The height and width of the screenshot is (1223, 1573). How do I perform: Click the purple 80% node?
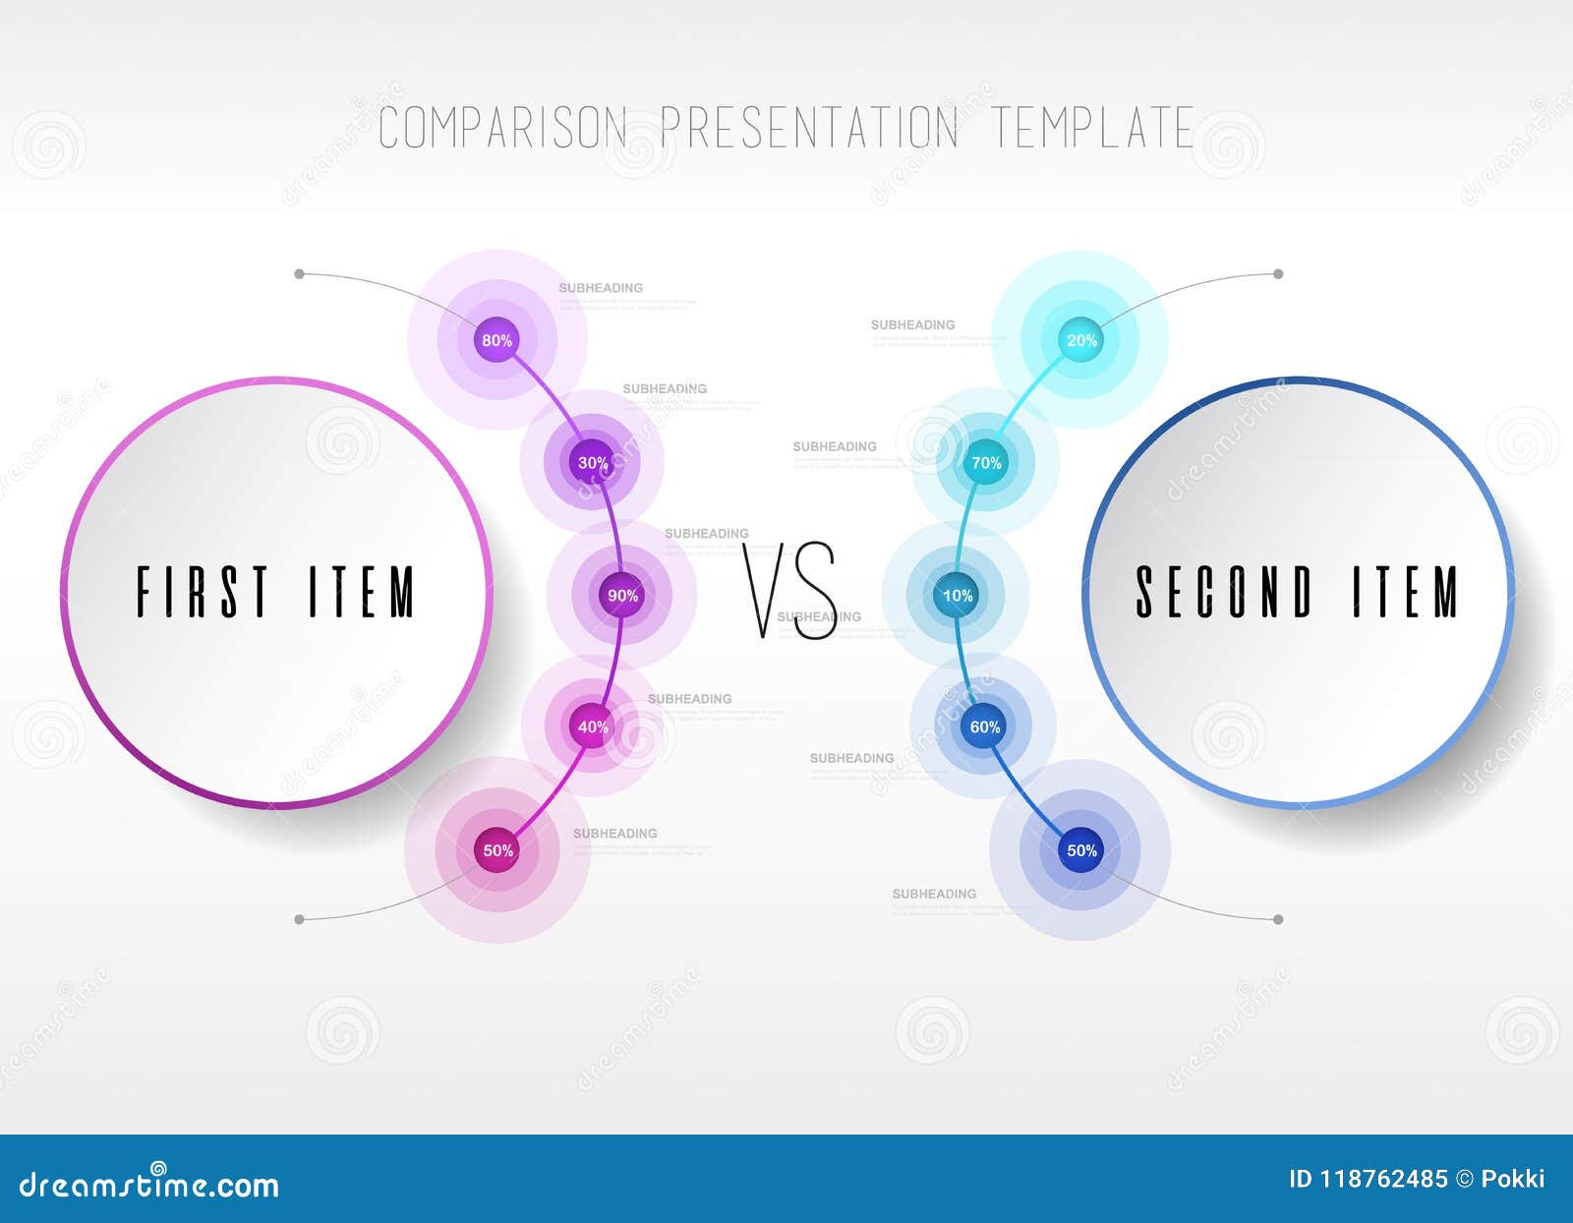coord(496,340)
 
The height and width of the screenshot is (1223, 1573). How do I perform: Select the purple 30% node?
coord(592,462)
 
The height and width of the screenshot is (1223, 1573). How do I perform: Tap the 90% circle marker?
coord(622,595)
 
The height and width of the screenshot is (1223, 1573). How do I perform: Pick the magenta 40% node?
coord(592,727)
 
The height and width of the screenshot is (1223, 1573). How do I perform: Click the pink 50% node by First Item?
coord(497,850)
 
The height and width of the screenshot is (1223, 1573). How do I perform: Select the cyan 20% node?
coord(1081,340)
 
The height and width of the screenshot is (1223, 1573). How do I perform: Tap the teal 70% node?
coord(985,462)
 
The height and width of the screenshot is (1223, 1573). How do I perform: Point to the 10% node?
coord(957,595)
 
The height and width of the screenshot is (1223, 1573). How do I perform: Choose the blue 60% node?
coord(984,727)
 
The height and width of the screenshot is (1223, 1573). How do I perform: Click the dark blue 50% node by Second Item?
coord(1081,850)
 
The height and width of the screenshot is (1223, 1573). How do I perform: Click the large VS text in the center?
coord(789,591)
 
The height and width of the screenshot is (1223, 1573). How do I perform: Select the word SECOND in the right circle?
coord(1224,592)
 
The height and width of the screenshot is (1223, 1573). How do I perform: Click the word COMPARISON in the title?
coord(502,128)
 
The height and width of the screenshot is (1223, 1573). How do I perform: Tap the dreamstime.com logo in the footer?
coord(149,1185)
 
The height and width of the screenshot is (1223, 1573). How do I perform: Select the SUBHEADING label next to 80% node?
coord(601,288)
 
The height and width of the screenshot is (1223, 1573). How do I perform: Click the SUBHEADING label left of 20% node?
coord(912,324)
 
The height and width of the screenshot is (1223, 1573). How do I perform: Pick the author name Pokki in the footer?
coord(1513,1179)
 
